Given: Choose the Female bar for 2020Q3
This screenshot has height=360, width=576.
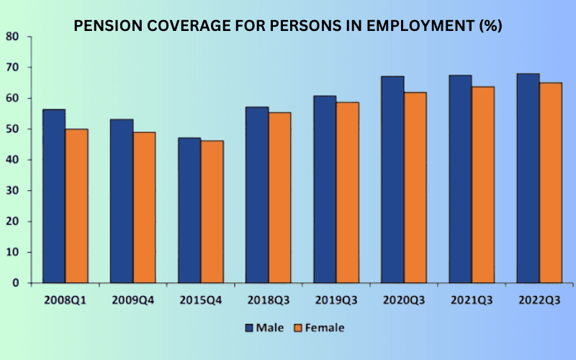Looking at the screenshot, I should (x=415, y=187).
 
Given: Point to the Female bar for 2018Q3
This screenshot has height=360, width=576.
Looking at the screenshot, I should (x=280, y=197).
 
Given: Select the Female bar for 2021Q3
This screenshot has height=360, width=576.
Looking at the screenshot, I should (x=482, y=184).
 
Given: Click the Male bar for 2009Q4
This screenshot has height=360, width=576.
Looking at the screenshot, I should (x=122, y=201).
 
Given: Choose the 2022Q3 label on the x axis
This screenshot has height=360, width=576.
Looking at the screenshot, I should (x=539, y=298).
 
